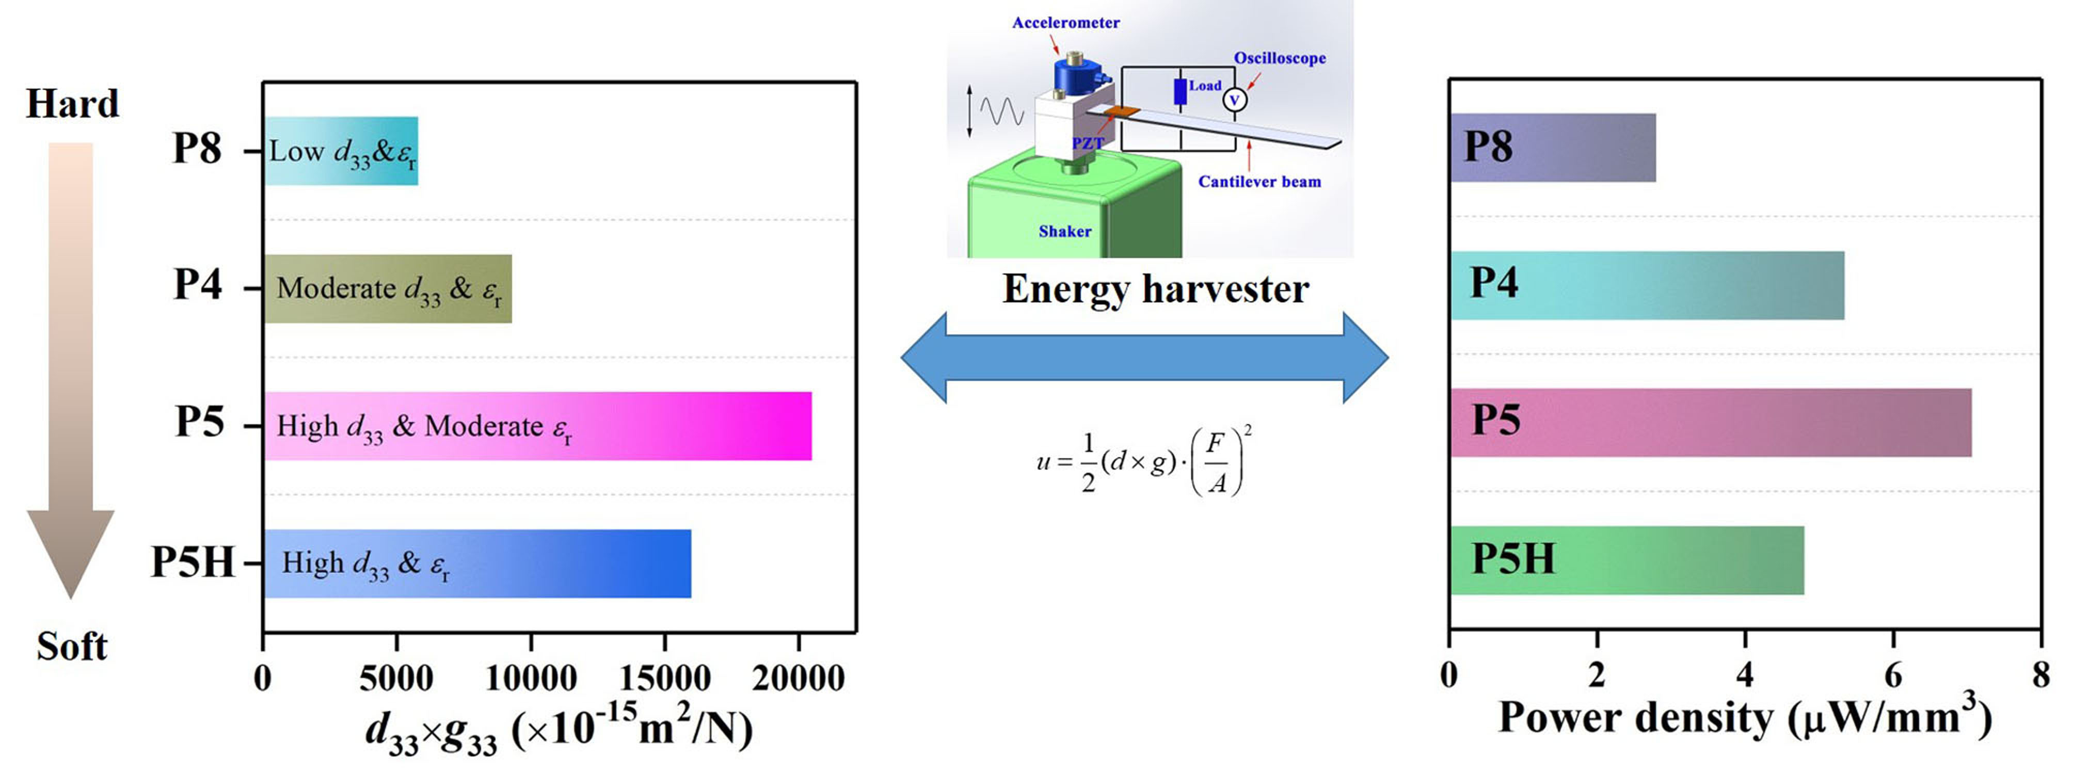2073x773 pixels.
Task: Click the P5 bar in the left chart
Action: (537, 426)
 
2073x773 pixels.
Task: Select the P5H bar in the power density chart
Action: (1625, 560)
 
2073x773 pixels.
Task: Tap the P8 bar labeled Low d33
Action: (341, 151)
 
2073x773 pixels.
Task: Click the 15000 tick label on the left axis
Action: (665, 678)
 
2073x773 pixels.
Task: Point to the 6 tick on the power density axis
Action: (1893, 674)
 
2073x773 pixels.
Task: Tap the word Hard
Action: (72, 104)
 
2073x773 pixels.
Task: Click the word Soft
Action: (72, 646)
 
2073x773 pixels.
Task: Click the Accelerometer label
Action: (1065, 23)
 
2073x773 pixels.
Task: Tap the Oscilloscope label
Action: (1280, 58)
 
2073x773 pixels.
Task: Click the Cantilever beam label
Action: (1259, 182)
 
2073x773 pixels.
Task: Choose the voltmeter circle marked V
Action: (1235, 100)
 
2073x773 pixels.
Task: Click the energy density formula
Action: (1143, 463)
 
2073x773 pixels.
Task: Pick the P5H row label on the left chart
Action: (193, 562)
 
